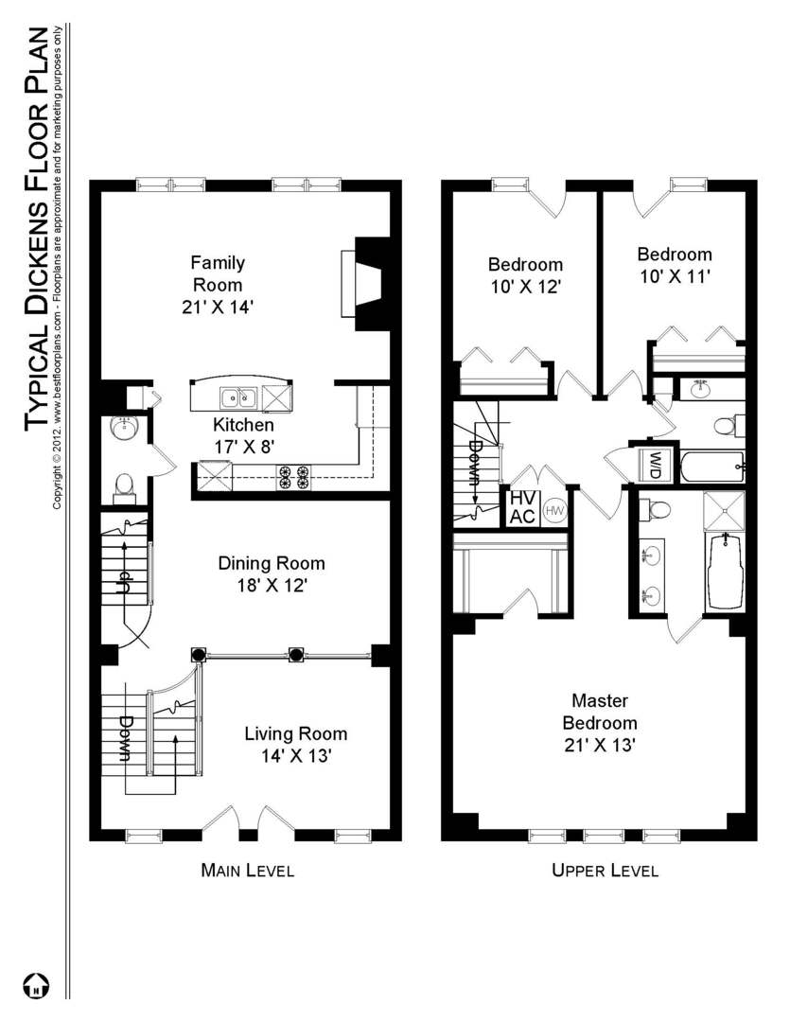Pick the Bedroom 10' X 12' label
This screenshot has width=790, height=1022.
click(525, 274)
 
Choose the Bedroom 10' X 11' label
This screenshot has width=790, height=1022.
click(674, 265)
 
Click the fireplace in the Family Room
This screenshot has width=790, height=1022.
click(366, 283)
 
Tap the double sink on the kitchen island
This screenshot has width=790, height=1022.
click(237, 396)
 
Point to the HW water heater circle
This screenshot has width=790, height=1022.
click(553, 509)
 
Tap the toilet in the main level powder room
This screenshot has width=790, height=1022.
click(124, 486)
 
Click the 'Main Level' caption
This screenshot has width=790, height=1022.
click(247, 871)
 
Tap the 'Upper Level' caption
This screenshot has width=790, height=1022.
click(605, 871)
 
